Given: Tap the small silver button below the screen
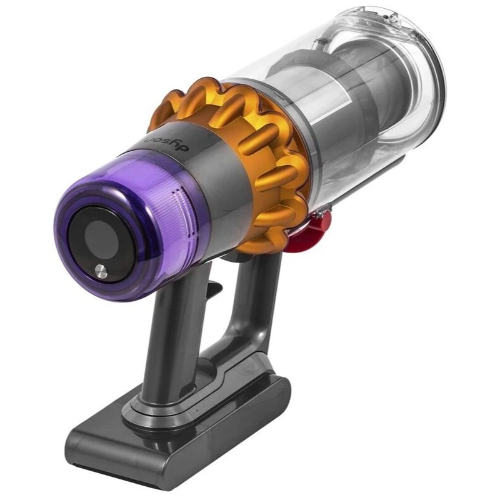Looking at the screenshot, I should point(100,269).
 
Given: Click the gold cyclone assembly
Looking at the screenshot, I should point(250,144).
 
